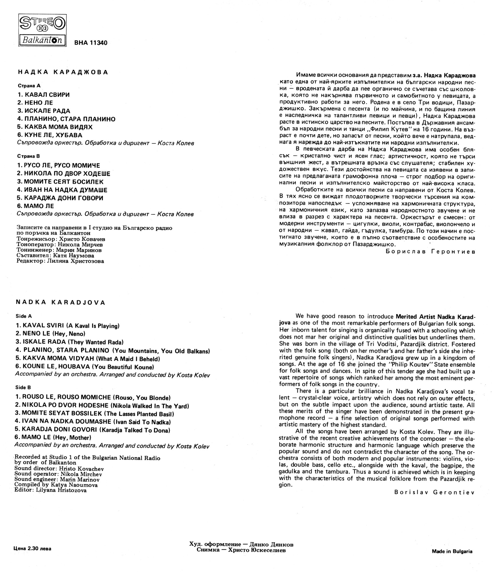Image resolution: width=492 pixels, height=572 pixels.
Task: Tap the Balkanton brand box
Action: (42, 40)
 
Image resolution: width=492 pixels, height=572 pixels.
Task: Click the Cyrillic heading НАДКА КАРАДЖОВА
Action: (63, 72)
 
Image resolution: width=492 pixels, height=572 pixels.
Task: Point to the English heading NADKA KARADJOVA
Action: (60, 303)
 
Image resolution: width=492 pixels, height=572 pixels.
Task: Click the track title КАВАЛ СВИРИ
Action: (43, 95)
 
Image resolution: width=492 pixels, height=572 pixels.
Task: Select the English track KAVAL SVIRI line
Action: (68, 326)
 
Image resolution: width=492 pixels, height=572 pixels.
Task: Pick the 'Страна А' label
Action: (29, 86)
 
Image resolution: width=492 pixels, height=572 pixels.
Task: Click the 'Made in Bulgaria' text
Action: (452, 551)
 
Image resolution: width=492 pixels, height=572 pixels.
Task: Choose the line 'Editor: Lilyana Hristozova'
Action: (50, 490)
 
